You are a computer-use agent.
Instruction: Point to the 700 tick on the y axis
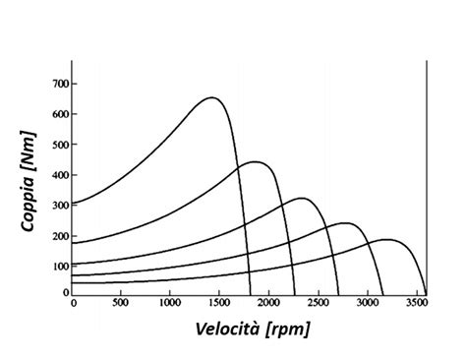point(60,85)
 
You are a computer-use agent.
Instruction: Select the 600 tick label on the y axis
point(60,114)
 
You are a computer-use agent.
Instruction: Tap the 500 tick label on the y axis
point(60,145)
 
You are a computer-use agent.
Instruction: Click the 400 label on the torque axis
point(60,175)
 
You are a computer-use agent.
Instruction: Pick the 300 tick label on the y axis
point(60,206)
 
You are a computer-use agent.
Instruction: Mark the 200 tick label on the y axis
point(60,236)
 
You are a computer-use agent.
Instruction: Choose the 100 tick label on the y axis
point(60,267)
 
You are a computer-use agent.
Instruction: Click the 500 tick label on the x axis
point(122,304)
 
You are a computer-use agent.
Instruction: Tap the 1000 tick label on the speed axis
point(170,304)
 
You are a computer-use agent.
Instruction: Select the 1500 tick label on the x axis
point(219,304)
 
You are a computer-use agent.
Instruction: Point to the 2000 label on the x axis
point(268,304)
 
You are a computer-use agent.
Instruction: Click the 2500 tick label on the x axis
point(318,304)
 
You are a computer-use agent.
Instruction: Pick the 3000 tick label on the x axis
point(367,304)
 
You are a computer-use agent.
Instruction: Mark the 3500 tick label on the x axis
point(416,304)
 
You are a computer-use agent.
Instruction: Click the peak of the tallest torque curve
point(211,97)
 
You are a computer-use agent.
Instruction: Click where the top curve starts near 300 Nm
point(74,204)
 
